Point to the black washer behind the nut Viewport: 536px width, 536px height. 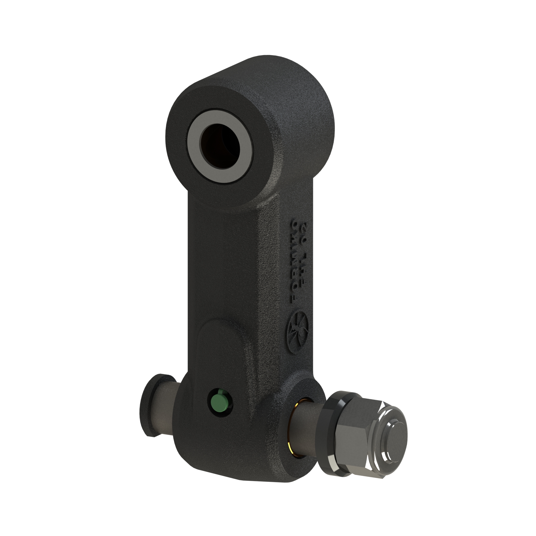pos(330,433)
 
